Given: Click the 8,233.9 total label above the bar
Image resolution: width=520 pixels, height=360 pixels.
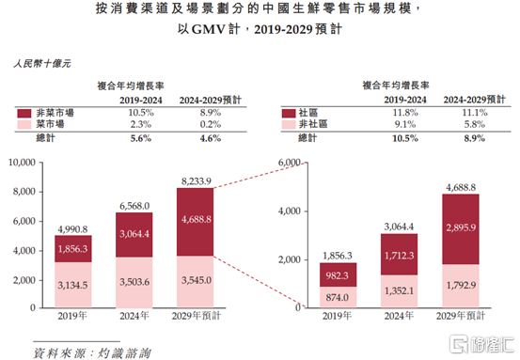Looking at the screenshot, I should point(194,180).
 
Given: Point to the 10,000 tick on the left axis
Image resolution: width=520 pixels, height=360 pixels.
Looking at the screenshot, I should point(21,163).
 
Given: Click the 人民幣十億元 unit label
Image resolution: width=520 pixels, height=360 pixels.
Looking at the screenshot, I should point(41,66).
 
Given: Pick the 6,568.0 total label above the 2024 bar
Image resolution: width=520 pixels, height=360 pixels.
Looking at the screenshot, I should point(134,205).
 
